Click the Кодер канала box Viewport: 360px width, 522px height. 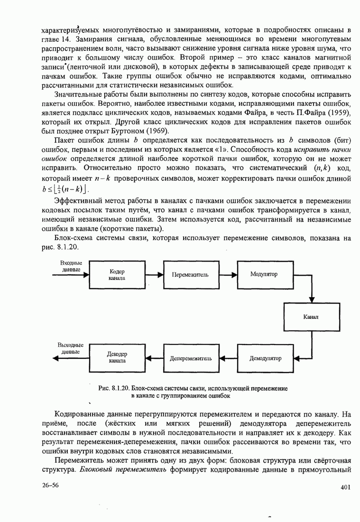(116, 275)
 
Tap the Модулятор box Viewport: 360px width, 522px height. (264, 275)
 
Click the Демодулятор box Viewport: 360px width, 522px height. (265, 358)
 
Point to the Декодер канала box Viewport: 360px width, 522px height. (116, 358)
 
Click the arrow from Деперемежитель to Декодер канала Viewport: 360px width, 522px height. (153, 358)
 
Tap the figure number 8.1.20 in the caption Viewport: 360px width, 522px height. (119, 388)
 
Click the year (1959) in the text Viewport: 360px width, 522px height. (336, 112)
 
